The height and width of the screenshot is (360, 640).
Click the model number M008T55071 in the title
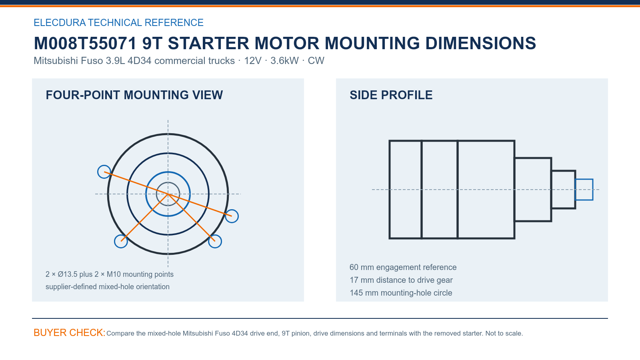[85, 43]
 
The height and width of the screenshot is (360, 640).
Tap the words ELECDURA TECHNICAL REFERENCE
[118, 22]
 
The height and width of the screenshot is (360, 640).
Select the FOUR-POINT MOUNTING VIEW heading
[134, 95]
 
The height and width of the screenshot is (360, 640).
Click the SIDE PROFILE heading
[391, 95]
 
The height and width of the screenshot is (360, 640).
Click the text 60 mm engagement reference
[403, 267]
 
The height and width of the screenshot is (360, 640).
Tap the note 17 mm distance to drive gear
[401, 280]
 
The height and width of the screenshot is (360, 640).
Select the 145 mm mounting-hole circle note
[400, 293]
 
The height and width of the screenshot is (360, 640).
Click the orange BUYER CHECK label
[70, 332]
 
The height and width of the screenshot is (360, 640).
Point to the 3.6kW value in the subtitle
[284, 60]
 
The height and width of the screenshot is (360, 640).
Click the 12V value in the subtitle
[252, 60]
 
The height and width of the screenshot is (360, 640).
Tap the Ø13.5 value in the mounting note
[68, 274]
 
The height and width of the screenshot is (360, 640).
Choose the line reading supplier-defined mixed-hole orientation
[108, 286]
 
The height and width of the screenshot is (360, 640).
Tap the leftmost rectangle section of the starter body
[389, 190]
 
